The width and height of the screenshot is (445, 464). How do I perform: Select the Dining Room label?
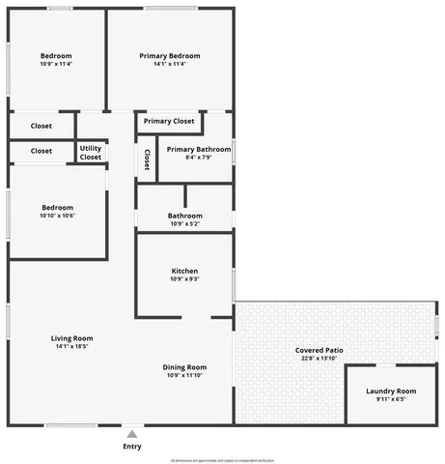tap(184, 367)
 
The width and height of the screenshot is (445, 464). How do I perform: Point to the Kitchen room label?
tap(184, 271)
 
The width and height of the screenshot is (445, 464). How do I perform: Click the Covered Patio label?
tap(320, 350)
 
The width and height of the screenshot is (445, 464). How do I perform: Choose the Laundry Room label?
tap(391, 391)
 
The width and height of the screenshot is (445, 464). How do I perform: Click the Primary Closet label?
tap(170, 121)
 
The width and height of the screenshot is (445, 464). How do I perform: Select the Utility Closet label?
tap(91, 153)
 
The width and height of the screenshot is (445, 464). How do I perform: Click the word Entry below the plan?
tap(132, 447)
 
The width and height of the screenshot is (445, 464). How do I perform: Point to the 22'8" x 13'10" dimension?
tap(320, 359)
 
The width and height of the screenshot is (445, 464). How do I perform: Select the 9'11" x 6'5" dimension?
tap(391, 399)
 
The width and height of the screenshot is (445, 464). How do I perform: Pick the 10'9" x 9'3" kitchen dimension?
tap(184, 279)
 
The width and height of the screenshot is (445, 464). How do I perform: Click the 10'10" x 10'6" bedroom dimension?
tap(57, 216)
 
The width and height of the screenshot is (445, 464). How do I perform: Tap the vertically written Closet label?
tap(147, 159)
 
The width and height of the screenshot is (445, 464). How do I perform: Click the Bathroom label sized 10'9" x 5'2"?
tap(184, 216)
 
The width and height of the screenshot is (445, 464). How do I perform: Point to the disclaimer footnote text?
tap(222, 460)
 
